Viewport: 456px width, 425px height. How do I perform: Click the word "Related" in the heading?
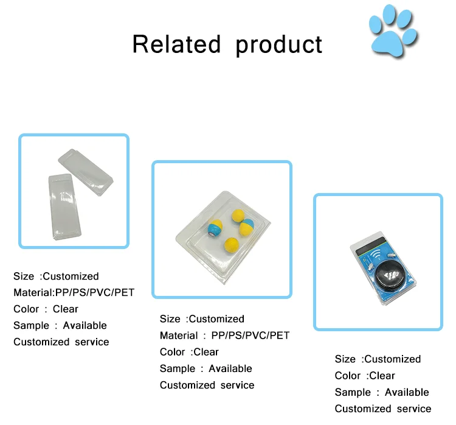176,44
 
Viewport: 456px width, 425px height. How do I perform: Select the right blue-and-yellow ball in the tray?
246,226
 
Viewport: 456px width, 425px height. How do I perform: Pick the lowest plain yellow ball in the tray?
231,245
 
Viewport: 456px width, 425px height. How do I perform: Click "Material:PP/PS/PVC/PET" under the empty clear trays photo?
74,293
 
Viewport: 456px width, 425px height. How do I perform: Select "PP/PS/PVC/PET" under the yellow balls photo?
250,335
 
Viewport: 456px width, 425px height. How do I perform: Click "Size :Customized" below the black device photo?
378,359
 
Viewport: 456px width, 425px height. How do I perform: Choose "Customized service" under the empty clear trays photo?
61,342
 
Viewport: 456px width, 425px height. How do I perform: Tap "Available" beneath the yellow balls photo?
230,368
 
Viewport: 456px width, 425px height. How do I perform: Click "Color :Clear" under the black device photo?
365,376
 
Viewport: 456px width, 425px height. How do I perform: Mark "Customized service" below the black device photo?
382,409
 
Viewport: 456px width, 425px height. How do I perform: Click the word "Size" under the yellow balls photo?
170,319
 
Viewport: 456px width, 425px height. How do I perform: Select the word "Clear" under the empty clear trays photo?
66,309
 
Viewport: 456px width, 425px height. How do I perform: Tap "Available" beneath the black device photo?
407,392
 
